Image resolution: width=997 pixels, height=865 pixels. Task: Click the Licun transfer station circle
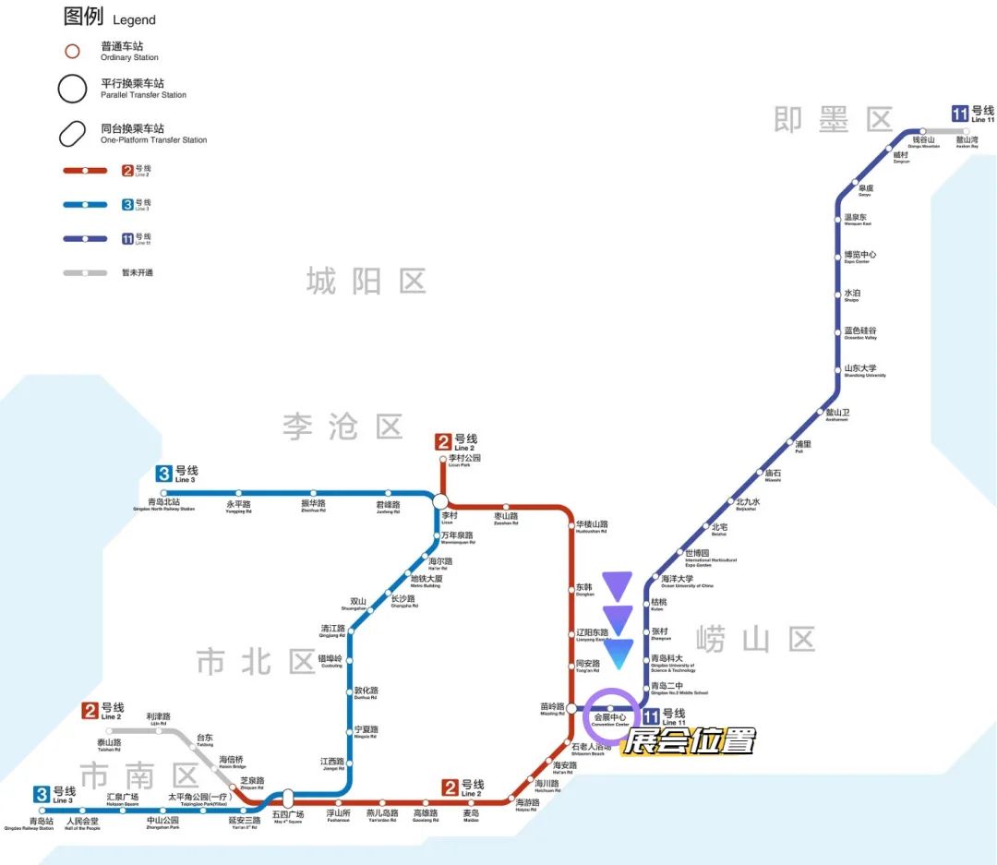tap(440, 500)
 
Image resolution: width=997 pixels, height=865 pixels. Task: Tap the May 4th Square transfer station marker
tap(287, 798)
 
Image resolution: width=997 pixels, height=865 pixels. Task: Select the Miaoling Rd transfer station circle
tap(571, 708)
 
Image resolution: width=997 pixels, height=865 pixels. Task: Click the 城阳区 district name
tap(366, 281)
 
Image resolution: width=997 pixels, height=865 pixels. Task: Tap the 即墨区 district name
tap(834, 119)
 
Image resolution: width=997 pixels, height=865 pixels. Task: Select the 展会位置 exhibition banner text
tap(689, 740)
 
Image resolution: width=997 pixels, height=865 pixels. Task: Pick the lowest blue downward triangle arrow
tap(617, 653)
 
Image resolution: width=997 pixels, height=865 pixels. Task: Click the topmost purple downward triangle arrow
tap(617, 585)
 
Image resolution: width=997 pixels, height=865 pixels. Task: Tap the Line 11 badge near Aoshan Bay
tap(960, 114)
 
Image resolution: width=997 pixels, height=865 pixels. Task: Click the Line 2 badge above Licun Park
tap(444, 442)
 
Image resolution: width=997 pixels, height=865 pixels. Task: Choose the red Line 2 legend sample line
tap(85, 171)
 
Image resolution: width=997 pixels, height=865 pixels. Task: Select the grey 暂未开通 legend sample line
tap(85, 272)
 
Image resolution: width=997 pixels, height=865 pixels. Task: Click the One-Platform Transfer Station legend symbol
tap(72, 134)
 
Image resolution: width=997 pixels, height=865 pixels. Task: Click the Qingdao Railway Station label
tap(42, 823)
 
